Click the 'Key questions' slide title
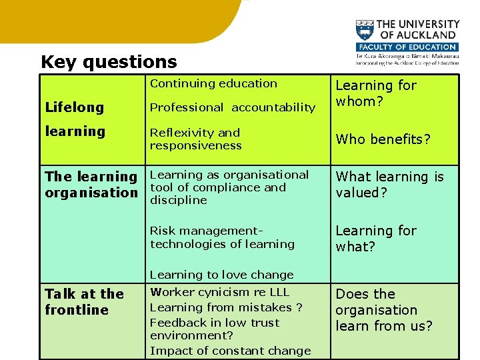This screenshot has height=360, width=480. pyautogui.click(x=109, y=62)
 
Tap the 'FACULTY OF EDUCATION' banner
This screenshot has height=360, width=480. pyautogui.click(x=407, y=47)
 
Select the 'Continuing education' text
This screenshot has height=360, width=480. pyautogui.click(x=213, y=83)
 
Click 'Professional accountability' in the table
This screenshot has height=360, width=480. pyautogui.click(x=232, y=107)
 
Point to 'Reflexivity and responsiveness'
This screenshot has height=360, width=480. pyautogui.click(x=195, y=139)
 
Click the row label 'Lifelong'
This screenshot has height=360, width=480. pyautogui.click(x=74, y=107)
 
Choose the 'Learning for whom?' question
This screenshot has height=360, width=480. pyautogui.click(x=375, y=93)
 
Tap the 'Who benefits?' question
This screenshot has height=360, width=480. pyautogui.click(x=383, y=139)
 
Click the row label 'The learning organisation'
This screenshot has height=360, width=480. pyautogui.click(x=91, y=185)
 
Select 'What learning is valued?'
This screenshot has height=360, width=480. pyautogui.click(x=389, y=185)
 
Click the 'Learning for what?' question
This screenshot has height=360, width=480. pyautogui.click(x=375, y=239)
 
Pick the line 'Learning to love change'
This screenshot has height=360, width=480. pyautogui.click(x=221, y=275)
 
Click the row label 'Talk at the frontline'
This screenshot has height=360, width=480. pyautogui.click(x=84, y=302)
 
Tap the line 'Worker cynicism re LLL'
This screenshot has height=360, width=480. pyautogui.click(x=219, y=292)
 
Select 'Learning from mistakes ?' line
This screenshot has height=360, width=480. pyautogui.click(x=225, y=307)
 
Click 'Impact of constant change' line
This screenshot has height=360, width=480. pyautogui.click(x=230, y=351)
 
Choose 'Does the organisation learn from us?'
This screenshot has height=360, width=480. pyautogui.click(x=383, y=310)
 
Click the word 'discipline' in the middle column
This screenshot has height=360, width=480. pyautogui.click(x=178, y=200)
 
